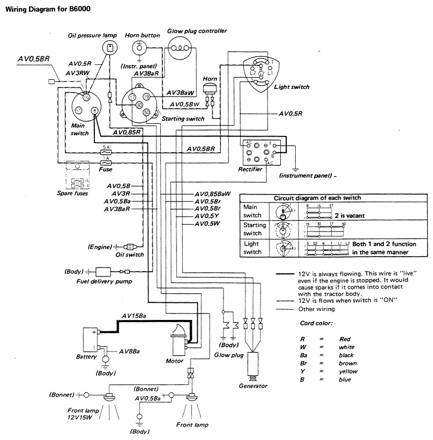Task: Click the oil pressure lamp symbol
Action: (x=110, y=48)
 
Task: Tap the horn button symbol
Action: (x=141, y=48)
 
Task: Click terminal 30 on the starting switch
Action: (x=139, y=105)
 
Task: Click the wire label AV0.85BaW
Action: (x=212, y=193)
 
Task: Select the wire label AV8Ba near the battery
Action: (x=130, y=352)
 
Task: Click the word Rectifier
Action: (x=250, y=169)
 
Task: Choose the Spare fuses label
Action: (x=72, y=193)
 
